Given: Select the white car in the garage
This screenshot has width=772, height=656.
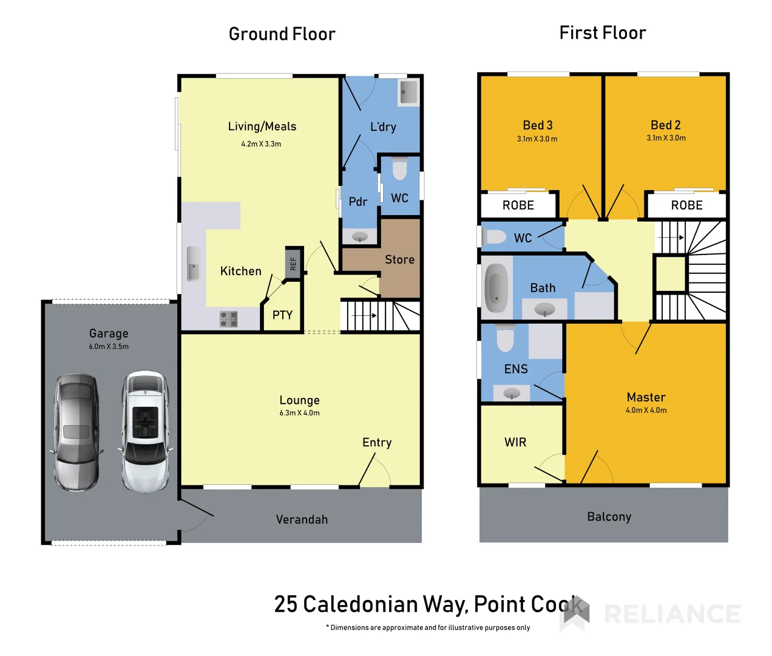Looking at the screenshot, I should click(x=145, y=431).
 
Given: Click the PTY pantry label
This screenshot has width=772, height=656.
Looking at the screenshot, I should click(x=282, y=315).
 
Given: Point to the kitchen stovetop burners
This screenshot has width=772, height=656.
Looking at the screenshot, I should click(x=228, y=319).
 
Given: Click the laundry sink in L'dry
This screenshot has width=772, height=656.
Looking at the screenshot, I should click(x=408, y=93).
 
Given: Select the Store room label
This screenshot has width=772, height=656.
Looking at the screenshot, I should click(x=399, y=260).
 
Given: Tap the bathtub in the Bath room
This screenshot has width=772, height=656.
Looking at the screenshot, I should click(x=496, y=288).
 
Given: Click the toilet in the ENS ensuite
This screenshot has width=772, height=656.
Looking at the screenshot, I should click(x=505, y=338).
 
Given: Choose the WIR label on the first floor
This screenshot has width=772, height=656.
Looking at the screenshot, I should click(x=515, y=443).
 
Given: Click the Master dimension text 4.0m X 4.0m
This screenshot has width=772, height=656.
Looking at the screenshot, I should click(x=646, y=411).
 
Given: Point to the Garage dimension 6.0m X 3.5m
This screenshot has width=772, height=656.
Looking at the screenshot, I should click(x=109, y=347).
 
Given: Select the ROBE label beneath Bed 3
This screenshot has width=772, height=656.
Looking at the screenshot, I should click(x=518, y=206).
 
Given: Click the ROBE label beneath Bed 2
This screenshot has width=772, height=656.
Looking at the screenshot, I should click(x=686, y=206).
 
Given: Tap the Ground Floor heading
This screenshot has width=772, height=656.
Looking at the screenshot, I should click(x=282, y=35).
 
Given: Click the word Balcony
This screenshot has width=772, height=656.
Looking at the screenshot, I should click(x=609, y=517).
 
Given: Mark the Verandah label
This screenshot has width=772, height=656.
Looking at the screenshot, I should click(x=302, y=520).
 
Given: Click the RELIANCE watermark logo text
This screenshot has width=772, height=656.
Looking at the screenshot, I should click(x=672, y=614).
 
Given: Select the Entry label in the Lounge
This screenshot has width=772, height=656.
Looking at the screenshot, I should click(x=377, y=443).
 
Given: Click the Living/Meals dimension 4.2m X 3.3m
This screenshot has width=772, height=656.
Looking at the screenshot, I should click(x=261, y=145).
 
